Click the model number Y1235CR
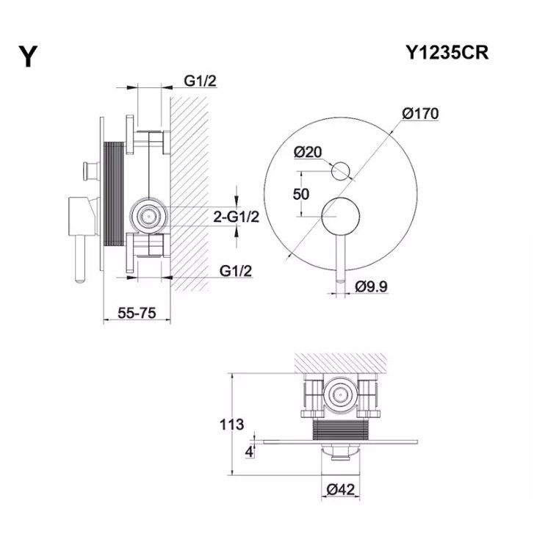(x=447, y=53)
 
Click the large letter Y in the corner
(x=28, y=57)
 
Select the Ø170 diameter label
(x=420, y=113)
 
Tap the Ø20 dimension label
(x=308, y=152)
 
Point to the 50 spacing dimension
(x=301, y=194)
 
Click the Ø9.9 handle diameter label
(x=371, y=286)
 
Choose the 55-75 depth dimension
(x=137, y=313)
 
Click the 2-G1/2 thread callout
(x=236, y=217)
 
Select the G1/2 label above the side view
(x=201, y=81)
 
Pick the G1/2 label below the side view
(x=236, y=271)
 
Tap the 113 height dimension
(x=231, y=425)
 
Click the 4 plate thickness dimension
(x=249, y=452)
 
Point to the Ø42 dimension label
(x=341, y=490)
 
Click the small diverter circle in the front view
(x=341, y=171)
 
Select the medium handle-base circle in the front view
(x=341, y=216)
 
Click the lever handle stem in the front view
(x=341, y=258)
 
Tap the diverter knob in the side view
(x=91, y=171)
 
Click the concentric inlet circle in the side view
(x=148, y=216)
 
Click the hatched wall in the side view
(x=190, y=193)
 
